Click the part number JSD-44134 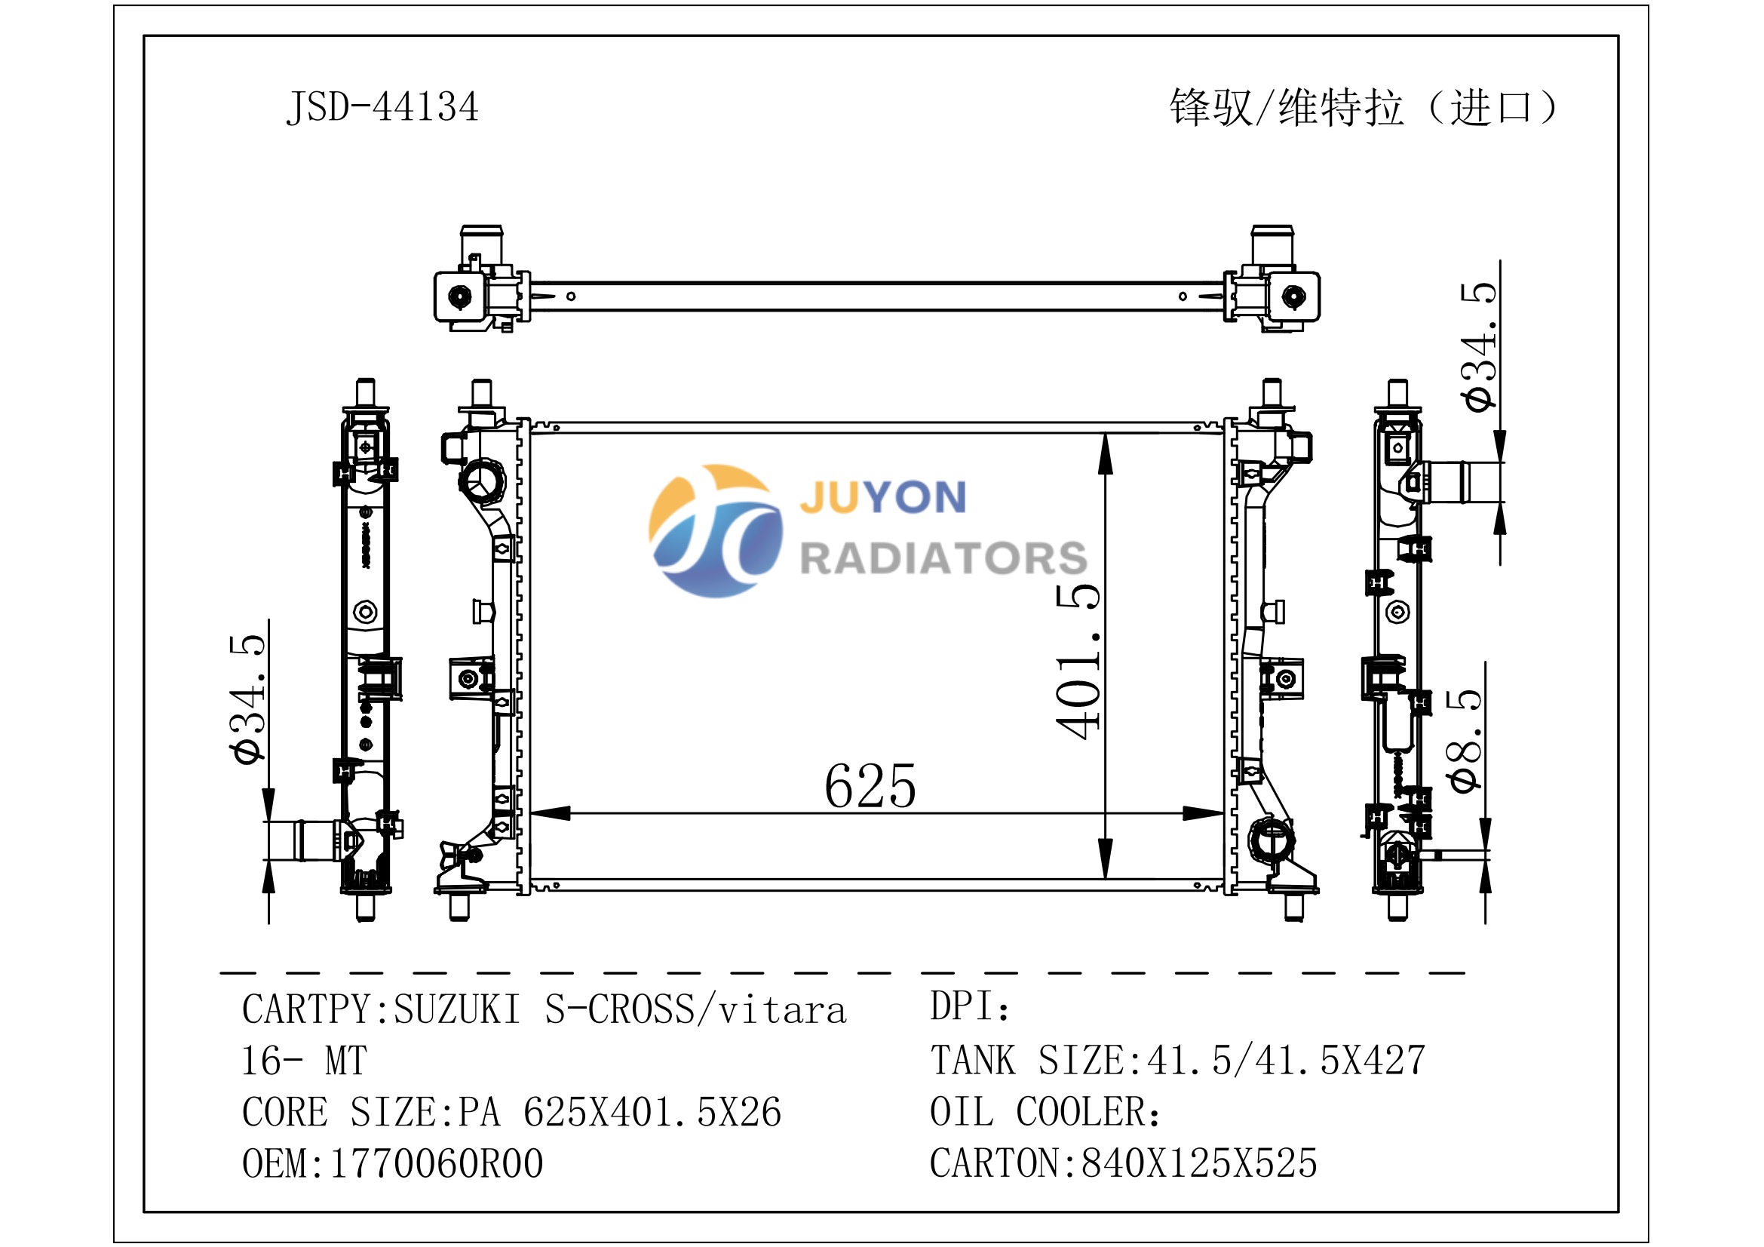pos(382,107)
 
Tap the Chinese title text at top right pos(1364,108)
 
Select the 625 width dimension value pos(870,785)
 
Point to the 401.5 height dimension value pos(1077,662)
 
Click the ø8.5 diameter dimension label pos(1465,739)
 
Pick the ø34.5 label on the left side pos(247,700)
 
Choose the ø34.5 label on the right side pos(1479,347)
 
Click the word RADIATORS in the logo pos(943,557)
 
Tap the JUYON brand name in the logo pos(883,497)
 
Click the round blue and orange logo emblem pos(714,530)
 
